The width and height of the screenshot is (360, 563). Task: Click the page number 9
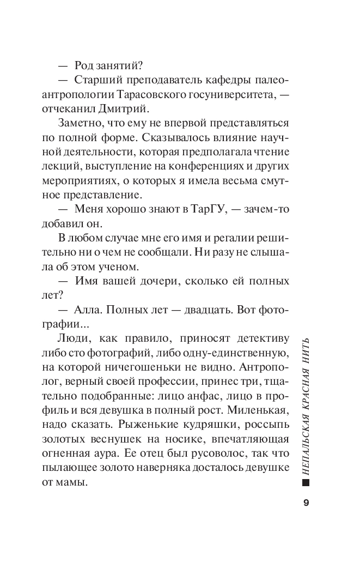306,502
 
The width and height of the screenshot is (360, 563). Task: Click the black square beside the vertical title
306,482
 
